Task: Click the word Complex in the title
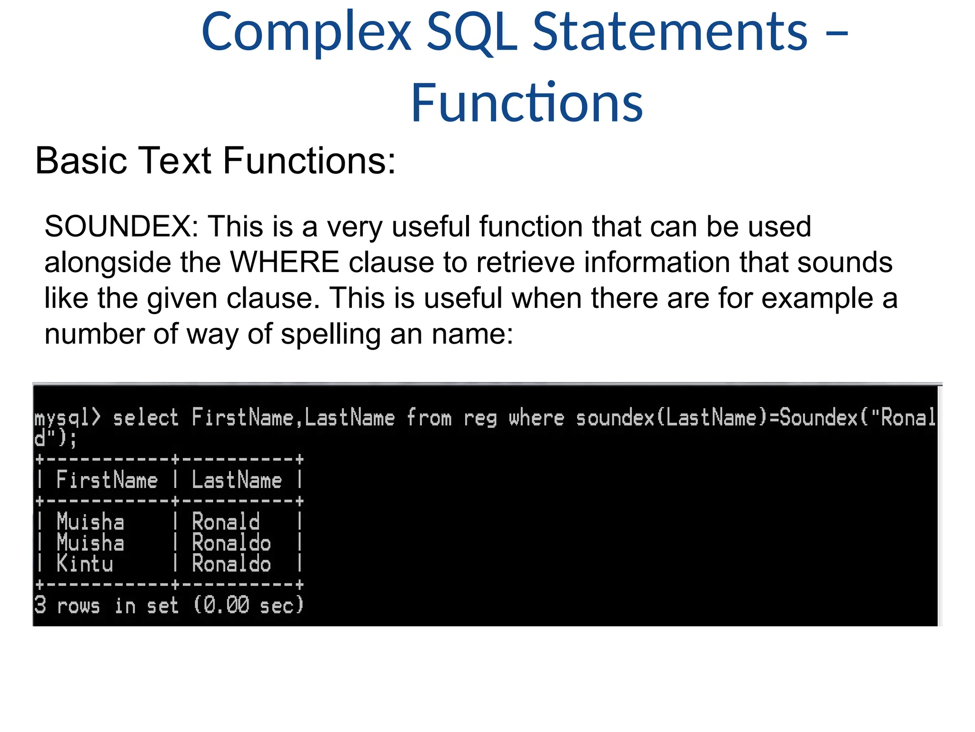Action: [306, 32]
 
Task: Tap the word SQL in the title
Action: [472, 32]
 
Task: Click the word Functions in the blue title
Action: [527, 103]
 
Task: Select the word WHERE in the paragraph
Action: [285, 262]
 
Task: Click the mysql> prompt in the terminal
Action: [68, 418]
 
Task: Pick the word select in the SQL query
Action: [146, 418]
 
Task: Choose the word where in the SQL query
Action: [537, 418]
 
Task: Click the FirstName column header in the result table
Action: [107, 480]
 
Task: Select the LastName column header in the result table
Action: [237, 480]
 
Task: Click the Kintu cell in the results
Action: [85, 564]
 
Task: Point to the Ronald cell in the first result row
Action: [226, 522]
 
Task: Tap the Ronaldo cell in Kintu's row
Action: [231, 564]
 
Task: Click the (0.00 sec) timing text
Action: [248, 605]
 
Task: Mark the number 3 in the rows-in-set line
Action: [40, 605]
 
